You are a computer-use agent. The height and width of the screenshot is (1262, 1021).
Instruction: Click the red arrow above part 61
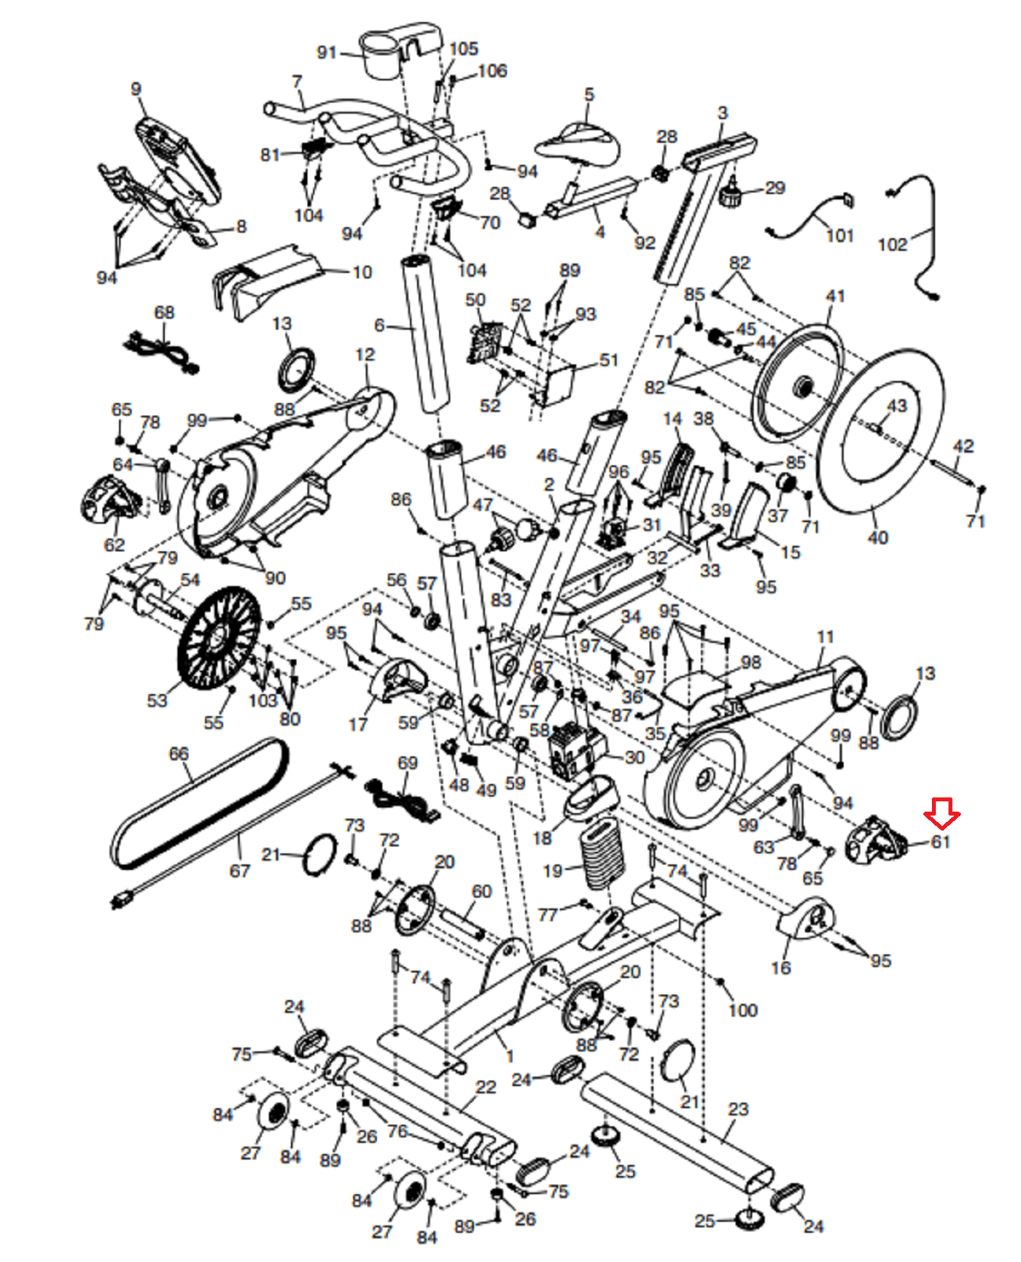941,813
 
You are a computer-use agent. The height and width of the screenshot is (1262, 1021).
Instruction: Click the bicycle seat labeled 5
577,146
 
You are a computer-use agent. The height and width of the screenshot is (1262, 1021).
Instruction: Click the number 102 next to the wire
892,244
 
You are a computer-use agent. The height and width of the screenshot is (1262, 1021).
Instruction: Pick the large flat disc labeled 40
879,430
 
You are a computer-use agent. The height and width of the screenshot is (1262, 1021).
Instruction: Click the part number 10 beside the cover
363,272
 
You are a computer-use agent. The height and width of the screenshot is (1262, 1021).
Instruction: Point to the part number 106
493,70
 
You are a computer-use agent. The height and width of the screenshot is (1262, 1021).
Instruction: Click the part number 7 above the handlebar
297,81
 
